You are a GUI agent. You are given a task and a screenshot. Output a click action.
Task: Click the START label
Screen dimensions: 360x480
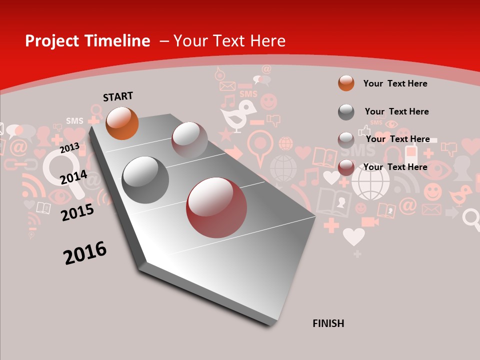coord(118,96)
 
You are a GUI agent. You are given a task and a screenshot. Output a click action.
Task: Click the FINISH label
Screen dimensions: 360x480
coord(328,323)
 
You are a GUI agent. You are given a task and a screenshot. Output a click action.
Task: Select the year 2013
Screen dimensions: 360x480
coord(69,147)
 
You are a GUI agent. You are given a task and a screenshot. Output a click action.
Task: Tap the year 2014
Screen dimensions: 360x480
coord(73,177)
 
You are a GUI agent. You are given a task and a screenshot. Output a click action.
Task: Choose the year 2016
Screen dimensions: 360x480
coord(85,252)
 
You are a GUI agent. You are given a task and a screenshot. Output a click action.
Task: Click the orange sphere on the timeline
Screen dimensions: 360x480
coord(122,123)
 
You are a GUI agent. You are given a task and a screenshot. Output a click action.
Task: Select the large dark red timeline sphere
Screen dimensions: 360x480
coord(216,207)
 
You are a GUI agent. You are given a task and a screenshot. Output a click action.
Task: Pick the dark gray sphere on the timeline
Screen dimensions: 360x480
coord(145,180)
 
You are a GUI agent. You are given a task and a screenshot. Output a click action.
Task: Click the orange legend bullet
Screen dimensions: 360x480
coord(346,83)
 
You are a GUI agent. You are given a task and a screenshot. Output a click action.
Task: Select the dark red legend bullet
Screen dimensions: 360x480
coord(346,167)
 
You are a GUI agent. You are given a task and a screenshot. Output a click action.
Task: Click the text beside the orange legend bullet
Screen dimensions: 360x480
coord(395,83)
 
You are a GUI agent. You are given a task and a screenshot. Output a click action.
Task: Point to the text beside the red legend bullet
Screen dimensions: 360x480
coord(395,167)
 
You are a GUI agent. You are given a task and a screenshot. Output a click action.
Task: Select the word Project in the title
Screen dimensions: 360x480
coord(50,41)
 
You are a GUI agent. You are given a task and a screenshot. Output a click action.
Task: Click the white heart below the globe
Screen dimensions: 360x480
coord(353,236)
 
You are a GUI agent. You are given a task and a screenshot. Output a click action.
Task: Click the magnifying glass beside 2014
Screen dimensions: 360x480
coord(62,170)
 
